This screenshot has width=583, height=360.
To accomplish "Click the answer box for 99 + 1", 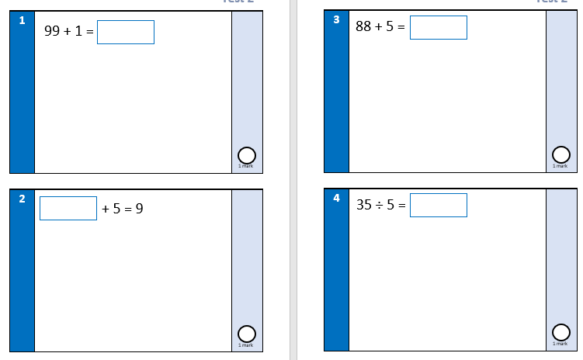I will pos(126,33).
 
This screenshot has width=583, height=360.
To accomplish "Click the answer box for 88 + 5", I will pos(439,27).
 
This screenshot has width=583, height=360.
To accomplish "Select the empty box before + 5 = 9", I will pos(68,209).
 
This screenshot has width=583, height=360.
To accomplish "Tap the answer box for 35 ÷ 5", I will pos(439,206).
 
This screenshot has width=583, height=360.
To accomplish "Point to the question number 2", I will pos(22,199).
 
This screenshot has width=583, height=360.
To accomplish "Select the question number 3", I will pos(336,20).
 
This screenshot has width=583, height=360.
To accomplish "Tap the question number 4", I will pos(336,198).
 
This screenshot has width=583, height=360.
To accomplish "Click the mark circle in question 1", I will pos(246,156).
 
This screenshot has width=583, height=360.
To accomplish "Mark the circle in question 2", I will pos(246,334).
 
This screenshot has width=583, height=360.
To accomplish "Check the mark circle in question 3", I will pos(560,154).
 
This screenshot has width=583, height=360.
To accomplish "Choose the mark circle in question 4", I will pos(560,331).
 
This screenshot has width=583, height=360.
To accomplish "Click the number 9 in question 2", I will pos(139,209).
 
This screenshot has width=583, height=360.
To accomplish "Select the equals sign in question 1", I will pos(90,33).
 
